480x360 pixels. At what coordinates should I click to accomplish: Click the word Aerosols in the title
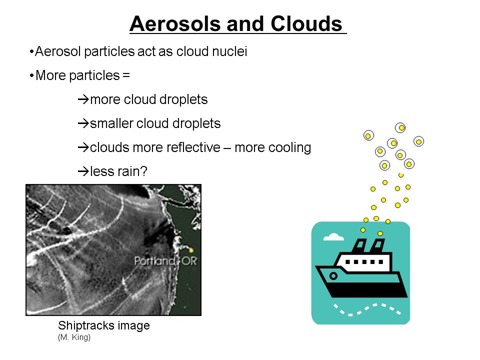tap(175, 24)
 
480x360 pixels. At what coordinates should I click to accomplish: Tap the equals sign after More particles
tap(126, 75)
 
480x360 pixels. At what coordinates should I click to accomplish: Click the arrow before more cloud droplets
tap(83, 99)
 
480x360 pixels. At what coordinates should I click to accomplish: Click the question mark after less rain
tap(144, 171)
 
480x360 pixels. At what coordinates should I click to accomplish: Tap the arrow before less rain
tap(83, 171)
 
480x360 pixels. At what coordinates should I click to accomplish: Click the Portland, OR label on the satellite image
tap(165, 261)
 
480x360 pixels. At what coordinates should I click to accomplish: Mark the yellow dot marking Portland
tap(191, 250)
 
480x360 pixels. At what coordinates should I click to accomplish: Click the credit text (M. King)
tap(74, 337)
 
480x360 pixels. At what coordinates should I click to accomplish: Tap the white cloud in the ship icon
tap(333, 237)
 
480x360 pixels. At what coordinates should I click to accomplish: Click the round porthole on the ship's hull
tap(333, 276)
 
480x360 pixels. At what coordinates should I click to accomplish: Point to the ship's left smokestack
tap(359, 246)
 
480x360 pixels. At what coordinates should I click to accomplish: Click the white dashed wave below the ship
tap(367, 309)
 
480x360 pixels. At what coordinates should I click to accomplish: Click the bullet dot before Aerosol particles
tap(31, 51)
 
